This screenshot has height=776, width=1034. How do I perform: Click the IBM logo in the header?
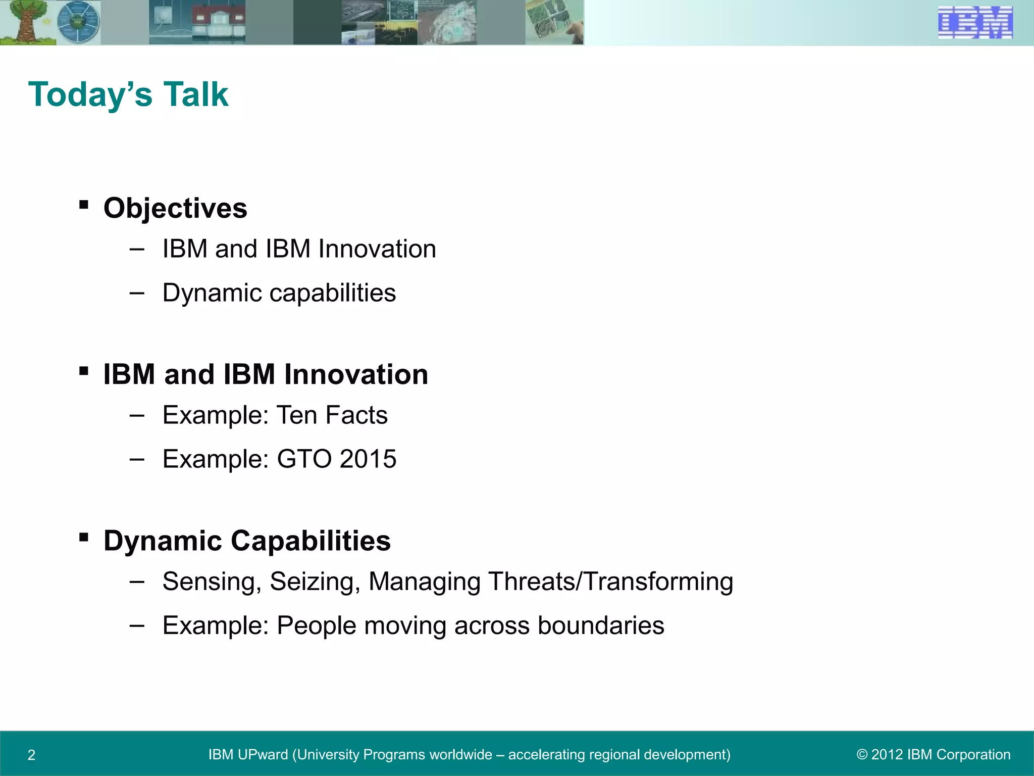975,23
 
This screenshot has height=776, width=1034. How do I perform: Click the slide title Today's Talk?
128,94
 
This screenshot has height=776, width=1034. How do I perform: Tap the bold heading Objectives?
175,208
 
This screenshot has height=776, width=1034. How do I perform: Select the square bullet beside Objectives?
84,205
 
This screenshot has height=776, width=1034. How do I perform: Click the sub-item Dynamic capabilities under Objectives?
279,293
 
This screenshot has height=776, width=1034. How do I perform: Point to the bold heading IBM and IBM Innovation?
266,374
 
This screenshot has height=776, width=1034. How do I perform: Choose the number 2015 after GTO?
368,459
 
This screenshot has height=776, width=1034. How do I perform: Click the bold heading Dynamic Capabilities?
247,541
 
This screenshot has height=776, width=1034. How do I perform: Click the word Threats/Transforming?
610,582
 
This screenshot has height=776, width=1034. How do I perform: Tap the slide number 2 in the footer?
31,755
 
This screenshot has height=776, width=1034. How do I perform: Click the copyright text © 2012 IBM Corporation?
934,755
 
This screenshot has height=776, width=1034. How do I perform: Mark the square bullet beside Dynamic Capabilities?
84,538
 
